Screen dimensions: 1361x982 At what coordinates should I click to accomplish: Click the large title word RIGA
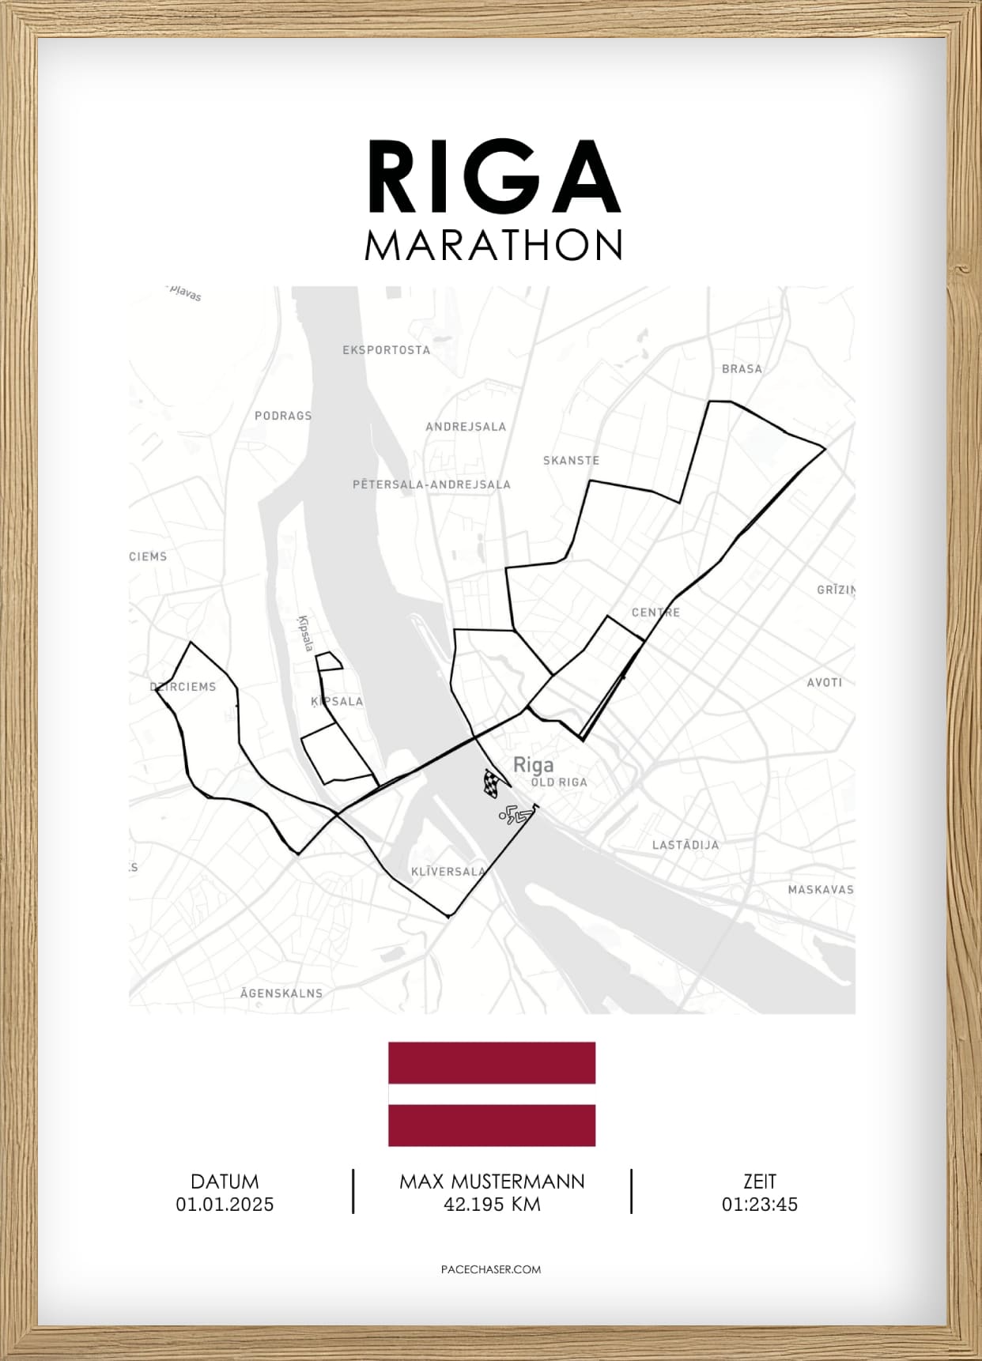coord(493,177)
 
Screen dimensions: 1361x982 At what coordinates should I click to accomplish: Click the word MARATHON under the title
coord(493,246)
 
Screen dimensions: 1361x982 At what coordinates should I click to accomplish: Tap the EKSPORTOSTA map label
coord(386,350)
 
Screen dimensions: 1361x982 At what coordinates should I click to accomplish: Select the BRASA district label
coord(742,369)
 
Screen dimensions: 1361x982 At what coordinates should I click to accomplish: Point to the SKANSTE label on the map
coord(571,461)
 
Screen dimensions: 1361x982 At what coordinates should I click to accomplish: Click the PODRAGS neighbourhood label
coord(283,416)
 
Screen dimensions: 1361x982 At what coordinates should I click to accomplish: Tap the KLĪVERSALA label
coord(448,872)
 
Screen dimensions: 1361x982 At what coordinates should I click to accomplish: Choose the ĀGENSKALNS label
coord(281,993)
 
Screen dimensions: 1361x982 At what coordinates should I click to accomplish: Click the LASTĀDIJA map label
coord(686,845)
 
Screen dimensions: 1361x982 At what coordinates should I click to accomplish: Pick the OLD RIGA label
coord(559,782)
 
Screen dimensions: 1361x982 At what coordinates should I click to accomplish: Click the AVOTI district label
coord(824,683)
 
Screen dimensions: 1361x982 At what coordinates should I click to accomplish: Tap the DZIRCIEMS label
coord(183,687)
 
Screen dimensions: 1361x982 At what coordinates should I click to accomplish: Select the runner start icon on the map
coord(515,814)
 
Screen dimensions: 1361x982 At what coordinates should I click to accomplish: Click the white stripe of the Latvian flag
coord(492,1094)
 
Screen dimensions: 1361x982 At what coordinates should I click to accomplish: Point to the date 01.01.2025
coord(225,1205)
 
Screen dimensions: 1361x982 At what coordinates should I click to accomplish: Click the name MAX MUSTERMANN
coord(492,1182)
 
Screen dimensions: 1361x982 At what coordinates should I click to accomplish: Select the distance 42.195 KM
coord(492,1205)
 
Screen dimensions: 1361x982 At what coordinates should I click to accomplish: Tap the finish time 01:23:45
coord(759,1205)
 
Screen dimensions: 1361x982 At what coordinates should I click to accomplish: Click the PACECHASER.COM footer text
coord(491,1269)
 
